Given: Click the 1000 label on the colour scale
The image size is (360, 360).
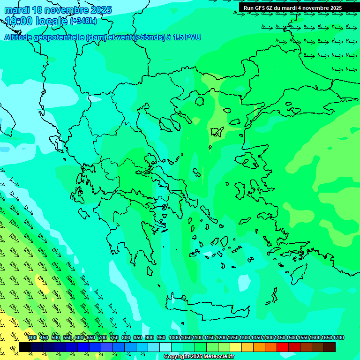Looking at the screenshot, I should (174, 337).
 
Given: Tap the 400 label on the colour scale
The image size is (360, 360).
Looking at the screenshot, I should (32, 337).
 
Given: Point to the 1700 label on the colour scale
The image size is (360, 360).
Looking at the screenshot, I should (327, 337).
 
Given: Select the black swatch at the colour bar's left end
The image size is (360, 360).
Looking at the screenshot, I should (25, 347).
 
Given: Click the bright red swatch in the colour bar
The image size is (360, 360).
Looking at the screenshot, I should (283, 347).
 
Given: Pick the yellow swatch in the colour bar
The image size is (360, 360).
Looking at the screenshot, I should (236, 347).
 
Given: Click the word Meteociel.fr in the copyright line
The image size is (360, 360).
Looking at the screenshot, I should (215, 357).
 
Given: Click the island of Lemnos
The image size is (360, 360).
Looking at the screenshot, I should (216, 131).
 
